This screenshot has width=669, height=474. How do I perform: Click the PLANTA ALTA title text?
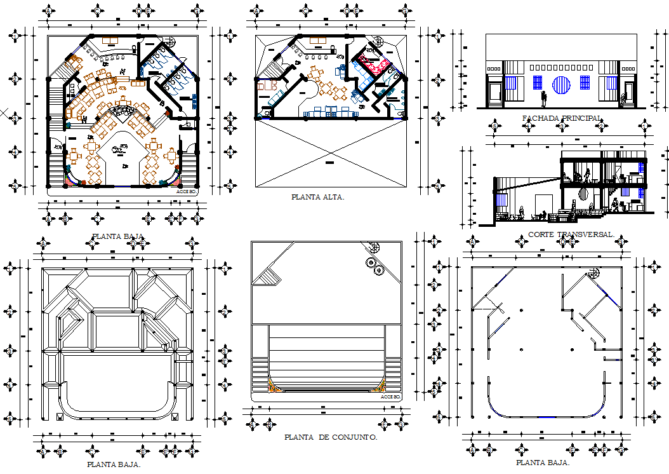[x=317, y=197]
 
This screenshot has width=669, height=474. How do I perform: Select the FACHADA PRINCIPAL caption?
[x=562, y=118]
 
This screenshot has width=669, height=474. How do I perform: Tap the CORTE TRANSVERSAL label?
[x=571, y=234]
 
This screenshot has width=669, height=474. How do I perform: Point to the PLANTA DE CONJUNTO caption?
[x=331, y=437]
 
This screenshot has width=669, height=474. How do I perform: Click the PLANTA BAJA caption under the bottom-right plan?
[x=542, y=463]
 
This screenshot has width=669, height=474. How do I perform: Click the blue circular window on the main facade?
[x=562, y=84]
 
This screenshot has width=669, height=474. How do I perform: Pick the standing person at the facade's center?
[x=543, y=98]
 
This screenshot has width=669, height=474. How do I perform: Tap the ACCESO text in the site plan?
[x=390, y=397]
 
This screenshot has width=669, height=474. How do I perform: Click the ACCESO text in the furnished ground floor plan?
[x=186, y=189]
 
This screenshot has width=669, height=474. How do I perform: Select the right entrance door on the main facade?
[x=628, y=93]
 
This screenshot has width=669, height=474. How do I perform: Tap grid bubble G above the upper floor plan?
[x=404, y=11]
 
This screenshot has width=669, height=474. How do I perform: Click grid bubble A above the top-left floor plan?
[x=49, y=11]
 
